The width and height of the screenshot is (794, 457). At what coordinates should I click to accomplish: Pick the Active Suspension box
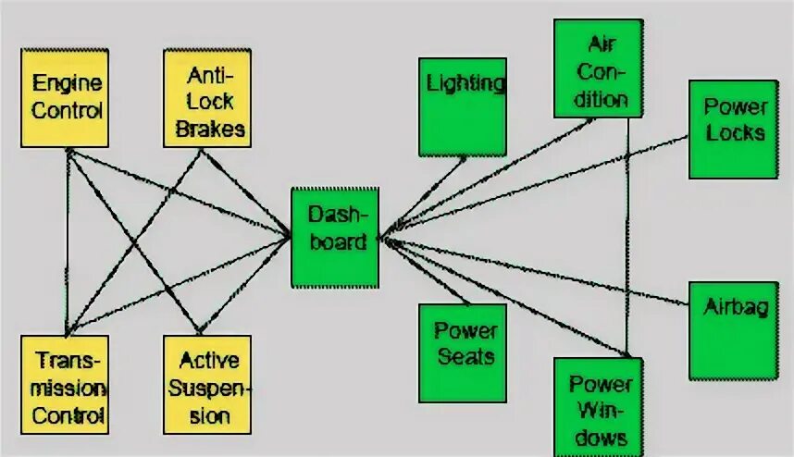208,385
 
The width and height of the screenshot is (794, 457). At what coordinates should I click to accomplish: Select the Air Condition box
598,68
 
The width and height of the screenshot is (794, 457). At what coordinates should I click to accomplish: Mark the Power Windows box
599,407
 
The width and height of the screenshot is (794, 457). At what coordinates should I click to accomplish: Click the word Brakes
210,129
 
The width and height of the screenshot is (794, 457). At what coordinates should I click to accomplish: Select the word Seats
465,356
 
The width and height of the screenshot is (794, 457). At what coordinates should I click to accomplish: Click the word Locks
735,132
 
